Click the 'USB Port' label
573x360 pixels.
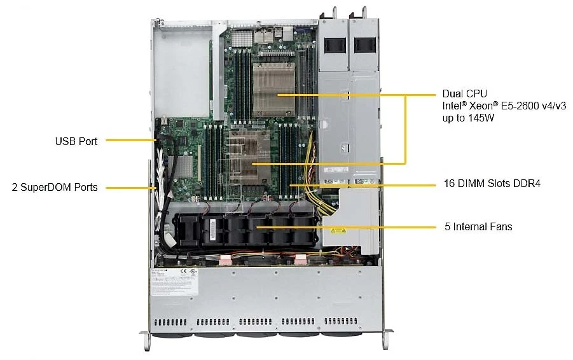[x=76, y=141]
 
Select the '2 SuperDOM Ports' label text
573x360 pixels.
[x=55, y=187]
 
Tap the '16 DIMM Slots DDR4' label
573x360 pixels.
[x=492, y=183]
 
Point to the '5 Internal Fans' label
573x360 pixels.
[x=478, y=226]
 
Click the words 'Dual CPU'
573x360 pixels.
[x=464, y=93]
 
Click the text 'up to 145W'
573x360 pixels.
[x=468, y=118]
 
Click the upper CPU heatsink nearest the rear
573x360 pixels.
[x=273, y=90]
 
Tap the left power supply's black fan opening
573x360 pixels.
[x=335, y=45]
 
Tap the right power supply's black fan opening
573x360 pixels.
[x=365, y=45]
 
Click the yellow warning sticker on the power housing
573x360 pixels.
[x=338, y=230]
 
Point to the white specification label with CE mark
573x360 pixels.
[x=175, y=282]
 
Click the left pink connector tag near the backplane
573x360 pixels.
[x=224, y=260]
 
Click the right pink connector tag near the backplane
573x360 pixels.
[x=300, y=260]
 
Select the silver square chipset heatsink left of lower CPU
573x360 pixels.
[x=180, y=167]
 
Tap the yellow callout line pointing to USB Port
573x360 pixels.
[x=130, y=140]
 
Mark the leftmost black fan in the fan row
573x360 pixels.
[x=186, y=230]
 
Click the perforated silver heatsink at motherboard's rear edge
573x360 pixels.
[x=242, y=38]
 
